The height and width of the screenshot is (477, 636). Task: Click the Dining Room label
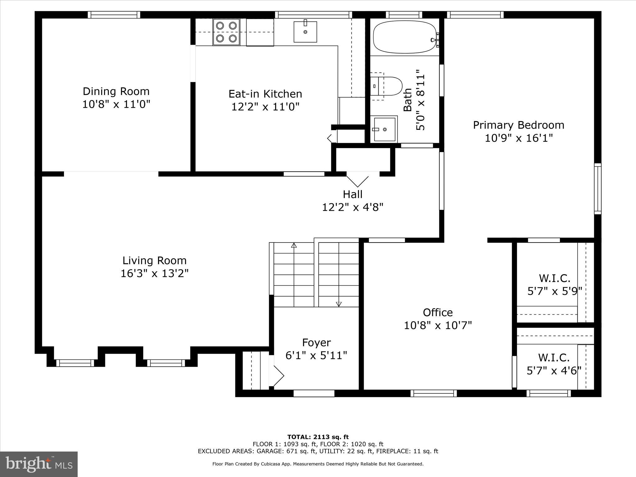coord(116,91)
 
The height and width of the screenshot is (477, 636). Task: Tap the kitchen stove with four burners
coord(226,32)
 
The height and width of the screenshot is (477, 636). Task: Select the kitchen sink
coord(305,32)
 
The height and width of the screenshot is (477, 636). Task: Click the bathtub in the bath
coord(404,37)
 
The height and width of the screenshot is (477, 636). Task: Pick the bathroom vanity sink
coord(385,129)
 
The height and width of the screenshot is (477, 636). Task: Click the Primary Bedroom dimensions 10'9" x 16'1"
coord(519,138)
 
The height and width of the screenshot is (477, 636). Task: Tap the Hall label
coord(352,194)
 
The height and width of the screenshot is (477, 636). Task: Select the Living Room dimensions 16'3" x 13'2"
coord(154,274)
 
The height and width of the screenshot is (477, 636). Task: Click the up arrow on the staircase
coord(294,245)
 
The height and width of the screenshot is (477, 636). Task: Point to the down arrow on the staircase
coord(339,304)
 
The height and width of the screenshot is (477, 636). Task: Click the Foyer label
coord(316,343)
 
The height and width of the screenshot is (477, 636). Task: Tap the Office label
coord(438,312)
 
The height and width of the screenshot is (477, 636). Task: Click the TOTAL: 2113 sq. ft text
coord(318,437)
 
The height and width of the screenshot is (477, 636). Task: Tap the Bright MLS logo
coord(39,464)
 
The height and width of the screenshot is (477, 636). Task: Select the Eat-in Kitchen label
coord(265,94)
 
